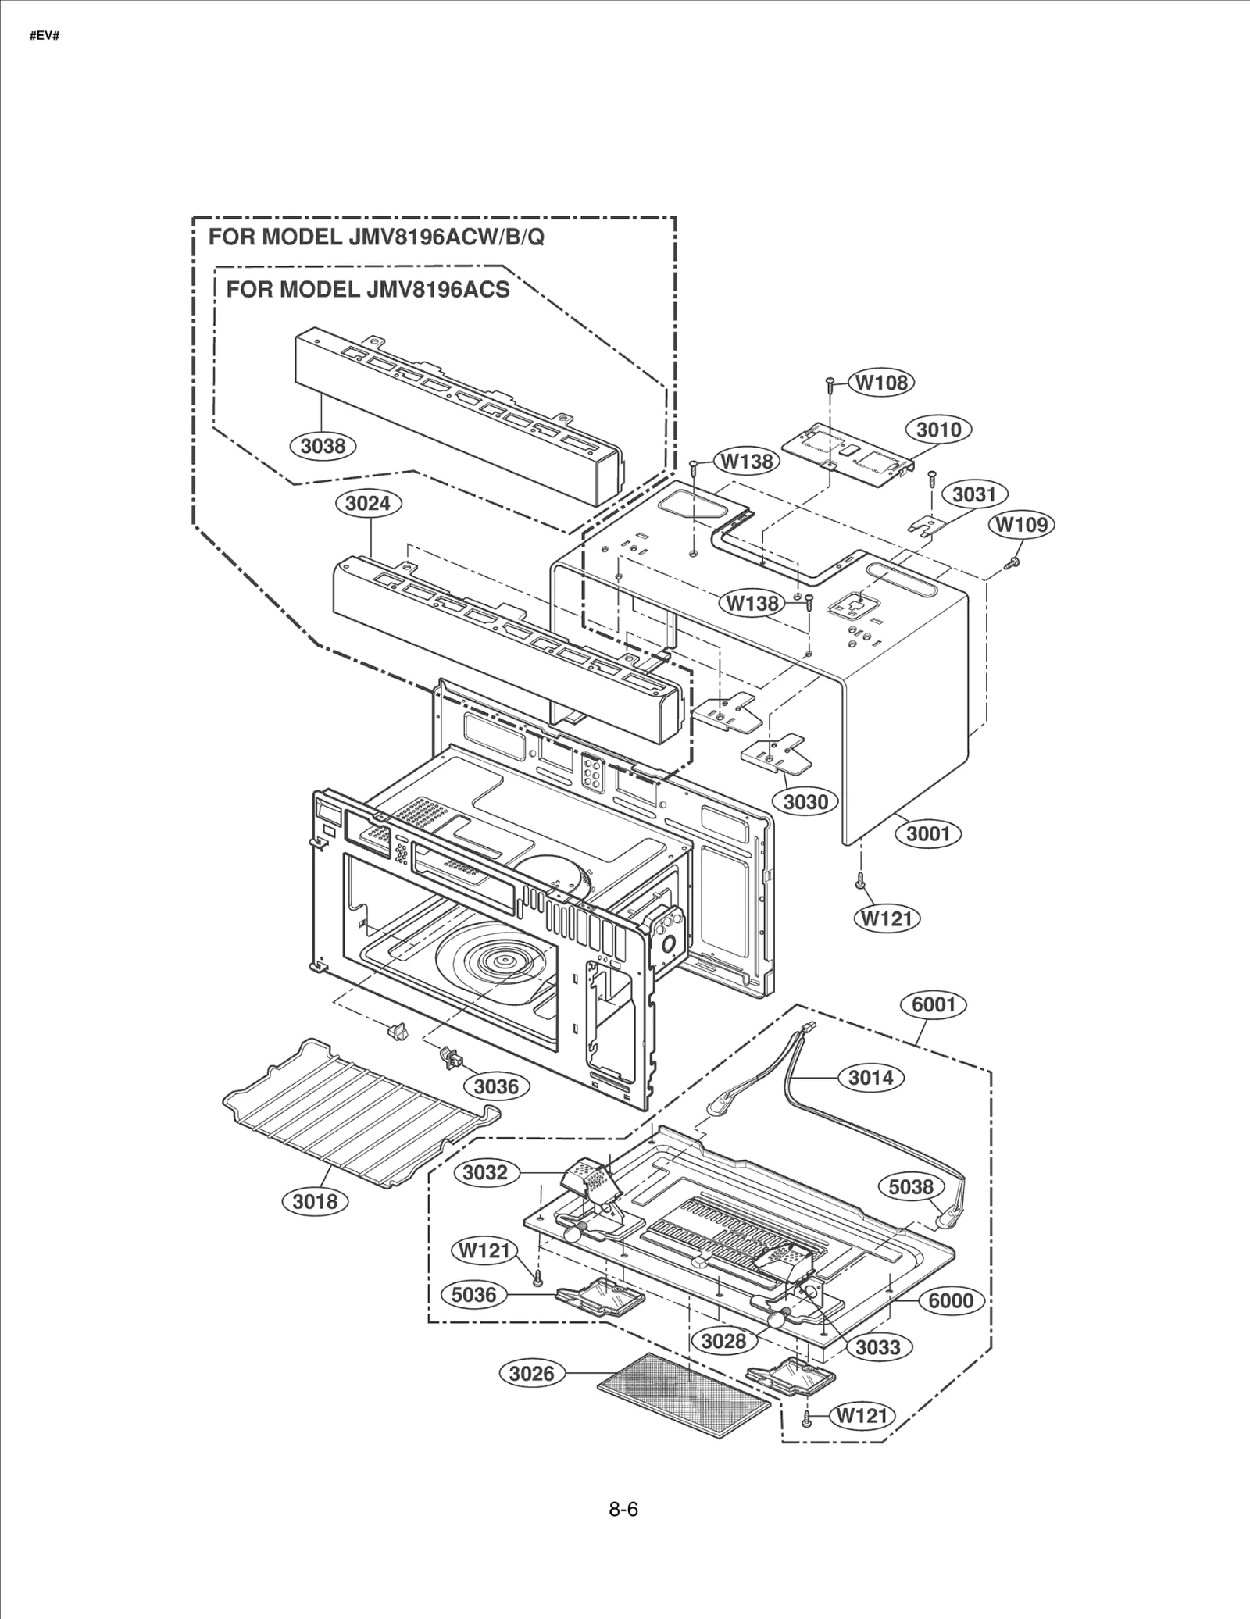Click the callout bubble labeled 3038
point(323,446)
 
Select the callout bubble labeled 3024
point(368,503)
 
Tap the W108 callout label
point(882,382)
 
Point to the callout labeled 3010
point(938,430)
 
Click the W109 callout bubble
point(1022,524)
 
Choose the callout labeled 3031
point(974,494)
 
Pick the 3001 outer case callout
point(928,833)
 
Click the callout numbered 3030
point(805,801)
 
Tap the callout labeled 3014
point(870,1078)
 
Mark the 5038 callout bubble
point(911,1186)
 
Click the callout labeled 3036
point(496,1086)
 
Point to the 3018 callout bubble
point(315,1201)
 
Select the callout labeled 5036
point(473,1294)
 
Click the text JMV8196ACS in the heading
point(437,290)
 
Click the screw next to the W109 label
point(1014,561)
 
